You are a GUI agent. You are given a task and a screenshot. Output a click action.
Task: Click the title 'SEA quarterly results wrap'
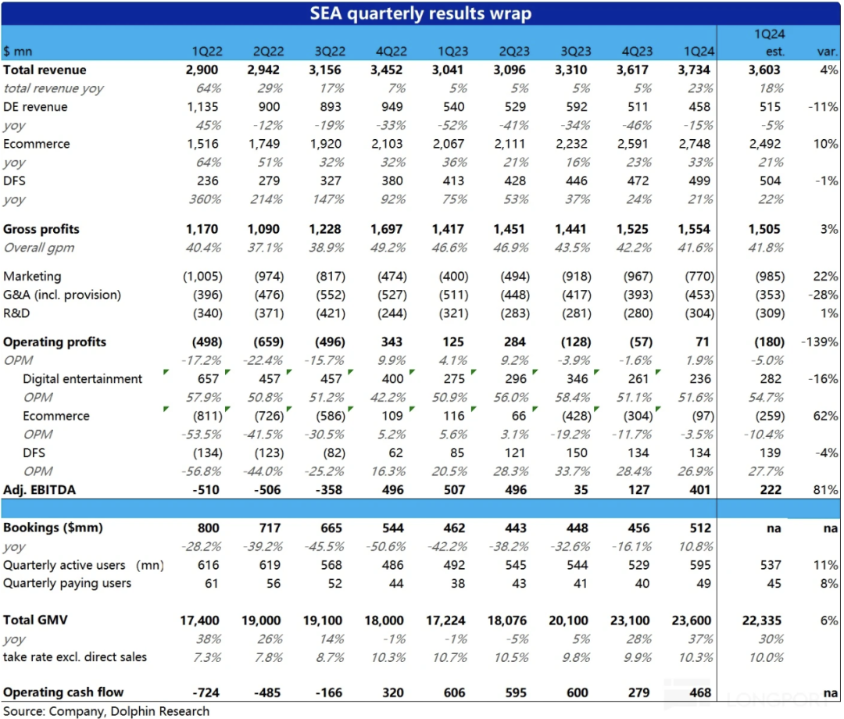pyautogui.click(x=421, y=13)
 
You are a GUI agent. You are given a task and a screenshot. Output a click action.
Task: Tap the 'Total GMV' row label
pyautogui.click(x=35, y=621)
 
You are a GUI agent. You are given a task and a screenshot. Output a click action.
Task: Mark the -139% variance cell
pyautogui.click(x=820, y=342)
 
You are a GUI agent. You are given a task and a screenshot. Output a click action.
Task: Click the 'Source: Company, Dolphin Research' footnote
pyautogui.click(x=106, y=711)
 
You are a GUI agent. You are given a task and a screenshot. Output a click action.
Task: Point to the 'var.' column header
pyautogui.click(x=826, y=52)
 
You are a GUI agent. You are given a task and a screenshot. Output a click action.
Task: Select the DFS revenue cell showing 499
pyautogui.click(x=699, y=181)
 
